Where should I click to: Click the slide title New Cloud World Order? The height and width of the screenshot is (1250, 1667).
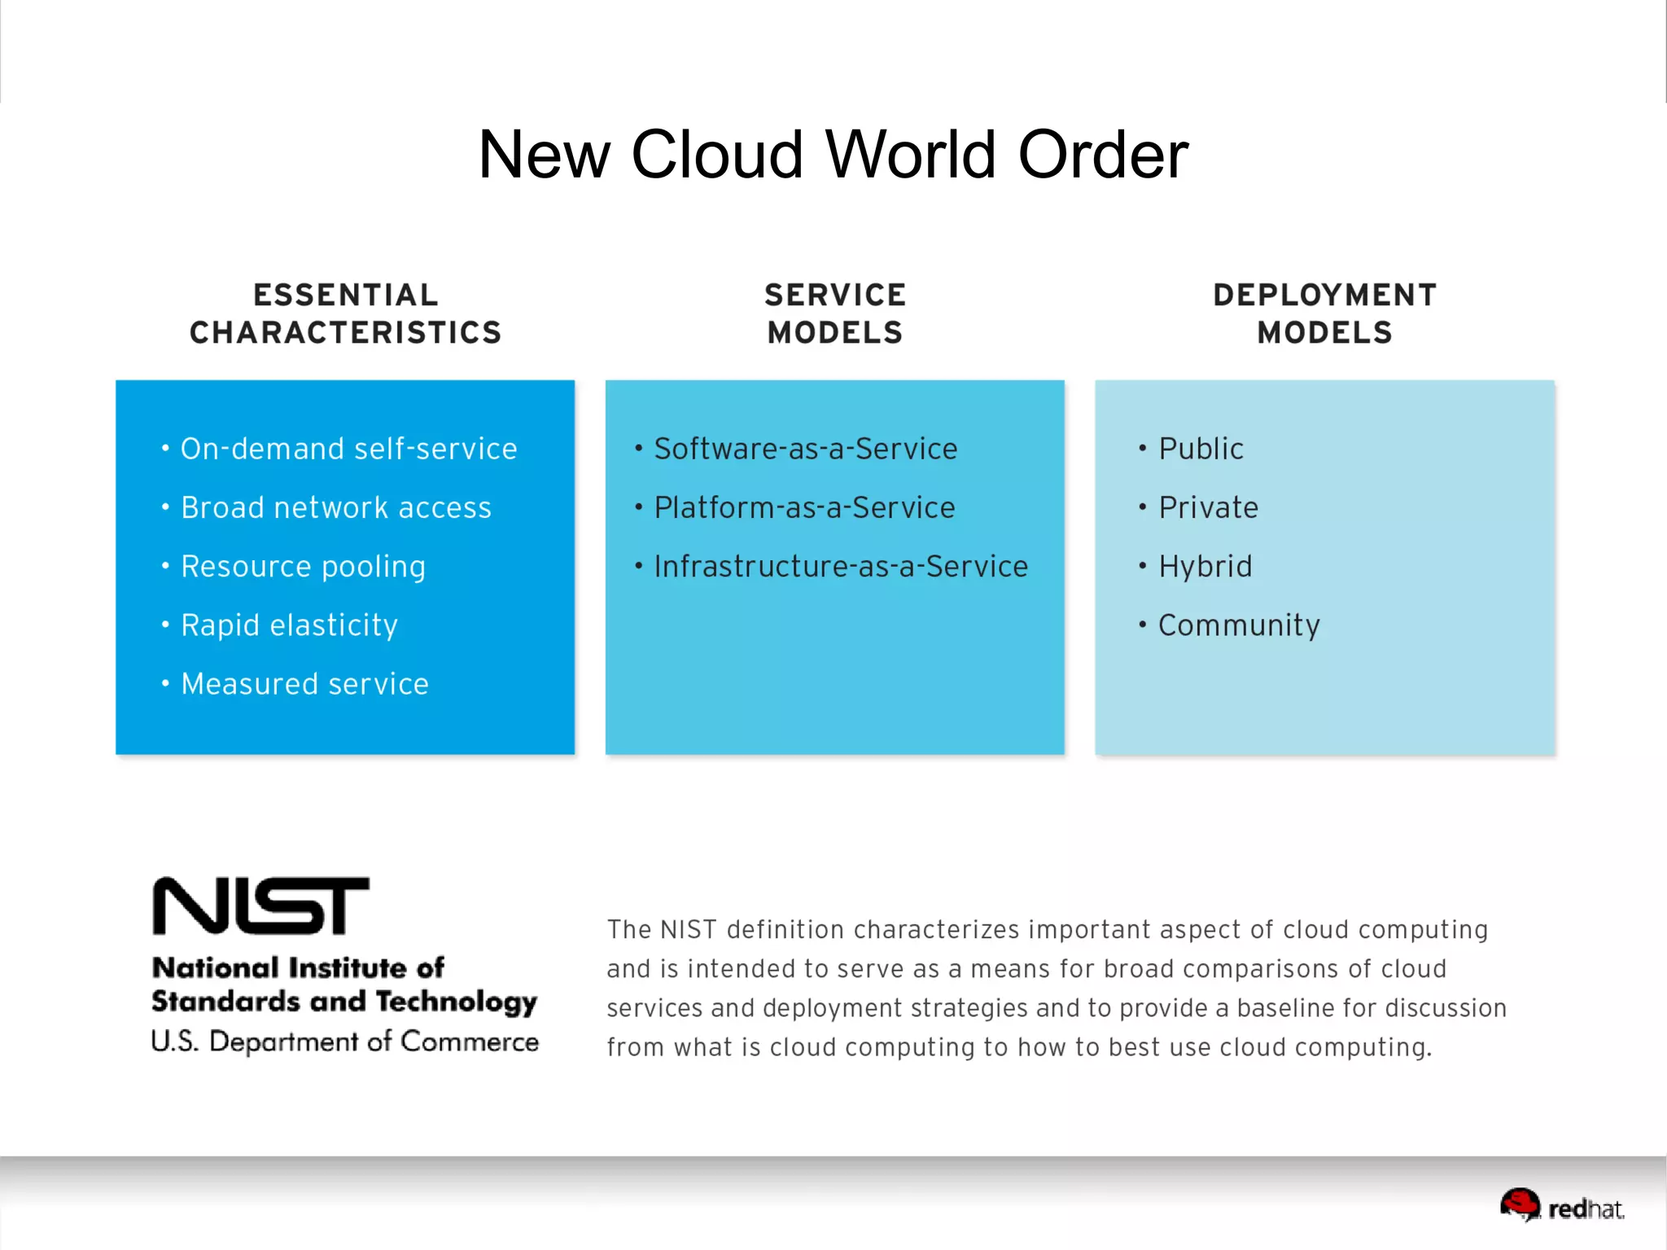[x=833, y=155]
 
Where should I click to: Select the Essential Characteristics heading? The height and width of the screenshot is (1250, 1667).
[x=346, y=314]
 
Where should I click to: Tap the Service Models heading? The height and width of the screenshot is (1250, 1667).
[x=835, y=314]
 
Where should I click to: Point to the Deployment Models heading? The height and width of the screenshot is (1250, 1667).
[x=1324, y=314]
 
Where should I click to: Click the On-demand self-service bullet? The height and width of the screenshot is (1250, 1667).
[x=348, y=449]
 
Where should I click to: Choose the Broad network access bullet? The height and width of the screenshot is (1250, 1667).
[x=335, y=507]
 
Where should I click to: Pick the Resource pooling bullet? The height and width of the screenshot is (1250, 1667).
[x=303, y=567]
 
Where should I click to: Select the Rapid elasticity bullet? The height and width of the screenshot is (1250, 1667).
[x=289, y=625]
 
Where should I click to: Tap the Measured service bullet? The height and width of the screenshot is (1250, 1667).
[x=304, y=684]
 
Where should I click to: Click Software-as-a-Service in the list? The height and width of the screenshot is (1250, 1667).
[x=806, y=449]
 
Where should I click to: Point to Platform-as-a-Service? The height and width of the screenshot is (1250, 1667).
[x=804, y=507]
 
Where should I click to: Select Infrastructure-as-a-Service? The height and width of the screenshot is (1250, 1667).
[x=841, y=567]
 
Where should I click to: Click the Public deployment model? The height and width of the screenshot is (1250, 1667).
[x=1201, y=449]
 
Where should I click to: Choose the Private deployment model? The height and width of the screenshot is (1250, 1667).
[x=1208, y=507]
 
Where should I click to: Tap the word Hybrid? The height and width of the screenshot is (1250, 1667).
[x=1205, y=567]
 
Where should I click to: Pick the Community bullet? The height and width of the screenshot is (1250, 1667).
[x=1239, y=625]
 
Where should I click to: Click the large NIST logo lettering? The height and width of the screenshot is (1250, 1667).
[x=261, y=906]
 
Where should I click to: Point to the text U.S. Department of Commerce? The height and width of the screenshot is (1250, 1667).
[x=345, y=1042]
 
